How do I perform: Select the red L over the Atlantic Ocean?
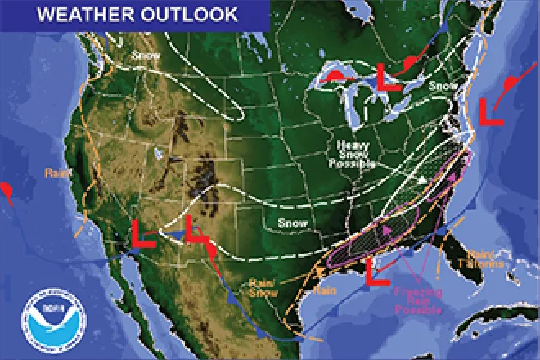click(x=490, y=112)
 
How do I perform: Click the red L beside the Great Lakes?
click(x=385, y=79)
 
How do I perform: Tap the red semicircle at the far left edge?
click(x=7, y=191)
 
